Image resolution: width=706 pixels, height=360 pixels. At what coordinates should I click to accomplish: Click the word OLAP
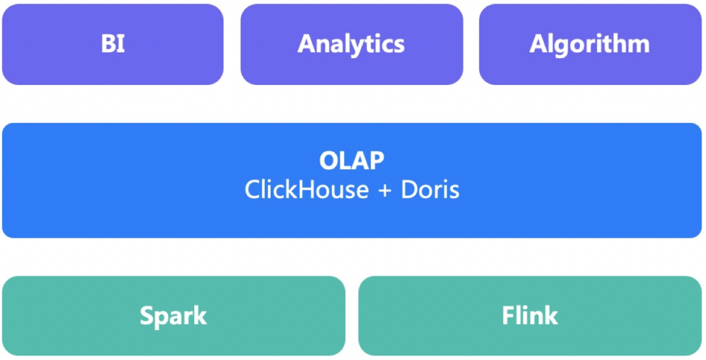click(352, 161)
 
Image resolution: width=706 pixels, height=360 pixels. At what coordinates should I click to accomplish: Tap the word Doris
click(430, 189)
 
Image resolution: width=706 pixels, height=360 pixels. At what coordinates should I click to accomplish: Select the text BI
click(112, 44)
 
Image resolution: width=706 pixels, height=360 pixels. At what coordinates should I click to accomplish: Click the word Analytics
click(352, 44)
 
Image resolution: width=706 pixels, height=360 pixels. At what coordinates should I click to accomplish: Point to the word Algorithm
click(590, 44)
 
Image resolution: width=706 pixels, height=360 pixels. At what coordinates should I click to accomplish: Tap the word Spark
click(173, 316)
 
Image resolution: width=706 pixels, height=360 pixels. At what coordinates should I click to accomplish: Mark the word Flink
click(530, 316)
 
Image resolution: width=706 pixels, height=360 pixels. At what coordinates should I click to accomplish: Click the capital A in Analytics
click(307, 44)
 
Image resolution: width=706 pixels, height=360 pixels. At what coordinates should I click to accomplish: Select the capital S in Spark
click(147, 316)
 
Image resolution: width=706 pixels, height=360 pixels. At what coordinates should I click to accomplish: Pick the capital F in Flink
click(509, 316)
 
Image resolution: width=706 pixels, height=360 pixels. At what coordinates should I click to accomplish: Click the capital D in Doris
click(409, 189)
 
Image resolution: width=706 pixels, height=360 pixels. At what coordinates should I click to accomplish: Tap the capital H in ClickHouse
click(300, 189)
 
